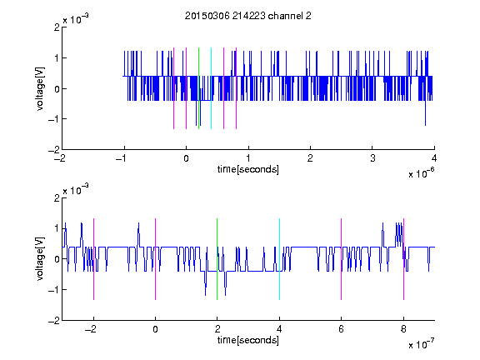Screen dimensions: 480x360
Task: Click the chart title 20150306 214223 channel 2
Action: coord(248,16)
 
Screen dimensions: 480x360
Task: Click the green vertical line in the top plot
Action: coord(198,88)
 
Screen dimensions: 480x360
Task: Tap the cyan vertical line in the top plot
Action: coord(211,88)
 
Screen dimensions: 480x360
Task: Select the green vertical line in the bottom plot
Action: coord(217,259)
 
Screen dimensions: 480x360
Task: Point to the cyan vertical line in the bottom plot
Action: coord(279,259)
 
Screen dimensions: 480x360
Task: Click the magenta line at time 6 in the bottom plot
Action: coord(342,259)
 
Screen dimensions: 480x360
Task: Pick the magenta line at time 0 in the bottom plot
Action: coord(156,259)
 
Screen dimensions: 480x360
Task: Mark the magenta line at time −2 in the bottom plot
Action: coord(93,259)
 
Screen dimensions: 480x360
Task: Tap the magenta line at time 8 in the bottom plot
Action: coord(404,259)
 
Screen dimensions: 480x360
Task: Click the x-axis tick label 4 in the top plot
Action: coord(434,158)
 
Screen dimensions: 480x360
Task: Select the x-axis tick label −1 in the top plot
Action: coord(122,158)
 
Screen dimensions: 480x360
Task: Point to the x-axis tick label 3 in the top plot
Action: coord(372,158)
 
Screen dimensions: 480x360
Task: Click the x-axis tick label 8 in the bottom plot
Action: coord(403,329)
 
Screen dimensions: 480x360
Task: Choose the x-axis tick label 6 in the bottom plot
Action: coord(342,329)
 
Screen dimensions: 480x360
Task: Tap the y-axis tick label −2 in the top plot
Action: coord(54,150)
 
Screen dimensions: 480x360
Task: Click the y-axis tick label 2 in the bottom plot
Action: coord(57,198)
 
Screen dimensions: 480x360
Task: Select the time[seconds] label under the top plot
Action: coord(248,169)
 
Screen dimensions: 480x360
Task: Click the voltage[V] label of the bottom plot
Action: coord(40,259)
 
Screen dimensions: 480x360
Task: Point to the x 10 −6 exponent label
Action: coord(421,173)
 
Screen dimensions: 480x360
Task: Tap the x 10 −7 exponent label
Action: coord(421,344)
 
